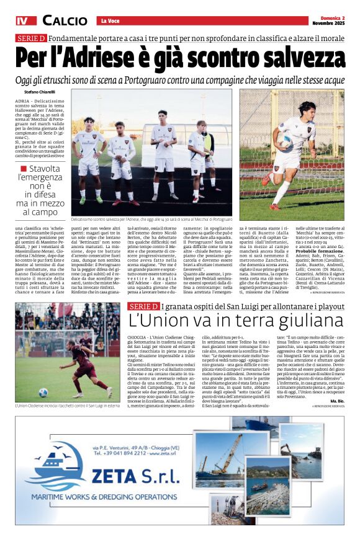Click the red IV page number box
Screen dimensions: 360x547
[25, 20]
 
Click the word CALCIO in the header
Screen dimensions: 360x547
[65, 20]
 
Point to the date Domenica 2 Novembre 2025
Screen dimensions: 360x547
[328, 20]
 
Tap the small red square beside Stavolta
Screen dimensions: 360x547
[23, 169]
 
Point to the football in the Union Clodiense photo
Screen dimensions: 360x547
[43, 392]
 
